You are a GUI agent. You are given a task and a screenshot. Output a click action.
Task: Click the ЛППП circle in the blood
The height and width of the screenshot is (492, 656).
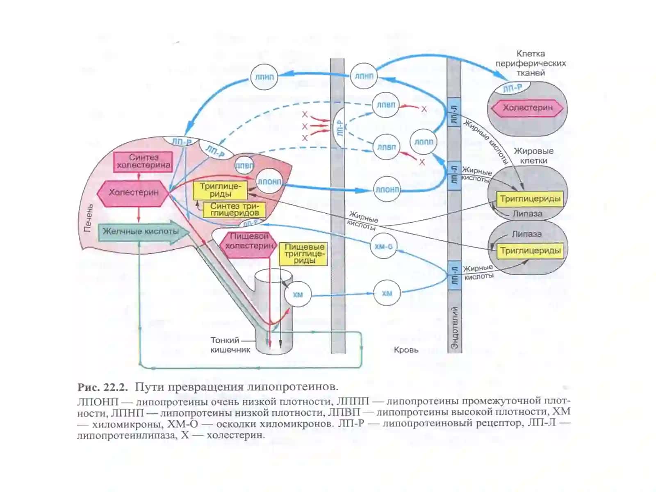click(x=423, y=142)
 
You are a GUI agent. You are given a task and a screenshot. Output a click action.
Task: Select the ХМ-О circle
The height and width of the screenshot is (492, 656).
click(x=383, y=246)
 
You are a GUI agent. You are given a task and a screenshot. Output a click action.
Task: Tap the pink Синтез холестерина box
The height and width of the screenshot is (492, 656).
click(x=143, y=162)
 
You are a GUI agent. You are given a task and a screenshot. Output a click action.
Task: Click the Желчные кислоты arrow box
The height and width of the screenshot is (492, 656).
click(x=144, y=232)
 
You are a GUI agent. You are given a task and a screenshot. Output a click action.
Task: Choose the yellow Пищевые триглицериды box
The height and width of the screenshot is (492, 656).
click(x=303, y=254)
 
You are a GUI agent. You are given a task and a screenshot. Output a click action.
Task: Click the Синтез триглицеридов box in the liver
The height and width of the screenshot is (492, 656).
click(x=234, y=210)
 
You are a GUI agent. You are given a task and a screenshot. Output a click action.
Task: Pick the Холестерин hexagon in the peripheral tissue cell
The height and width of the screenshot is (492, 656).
click(x=528, y=108)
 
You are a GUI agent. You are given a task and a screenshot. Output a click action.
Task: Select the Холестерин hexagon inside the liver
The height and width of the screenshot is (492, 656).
click(x=133, y=193)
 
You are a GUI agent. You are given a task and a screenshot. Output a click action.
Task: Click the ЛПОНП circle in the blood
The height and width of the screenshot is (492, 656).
click(x=387, y=189)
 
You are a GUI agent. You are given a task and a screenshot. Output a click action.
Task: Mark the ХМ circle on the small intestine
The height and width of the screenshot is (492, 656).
click(x=298, y=294)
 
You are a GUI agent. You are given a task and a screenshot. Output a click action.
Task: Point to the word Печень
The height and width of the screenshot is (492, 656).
click(x=88, y=219)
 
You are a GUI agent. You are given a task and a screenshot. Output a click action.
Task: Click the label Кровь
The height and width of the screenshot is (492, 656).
click(x=406, y=350)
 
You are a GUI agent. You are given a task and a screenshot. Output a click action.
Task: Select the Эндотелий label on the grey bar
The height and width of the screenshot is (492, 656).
click(x=454, y=327)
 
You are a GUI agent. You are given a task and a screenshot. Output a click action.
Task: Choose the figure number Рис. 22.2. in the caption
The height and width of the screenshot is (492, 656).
click(x=103, y=387)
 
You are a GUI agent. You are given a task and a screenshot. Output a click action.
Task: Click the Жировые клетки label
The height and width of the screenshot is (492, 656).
click(x=533, y=156)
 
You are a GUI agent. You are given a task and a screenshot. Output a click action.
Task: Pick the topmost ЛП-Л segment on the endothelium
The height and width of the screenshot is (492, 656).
click(x=454, y=112)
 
